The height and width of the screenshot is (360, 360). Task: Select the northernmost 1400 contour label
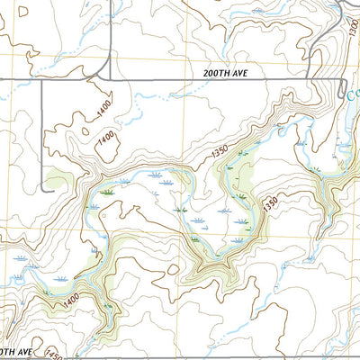point(106,112)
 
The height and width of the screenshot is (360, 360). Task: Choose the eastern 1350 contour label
point(269,204)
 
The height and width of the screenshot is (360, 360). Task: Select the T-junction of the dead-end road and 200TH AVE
point(42,80)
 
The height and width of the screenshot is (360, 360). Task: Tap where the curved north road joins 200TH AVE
point(110,79)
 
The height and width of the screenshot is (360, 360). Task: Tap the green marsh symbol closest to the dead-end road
point(108,193)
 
